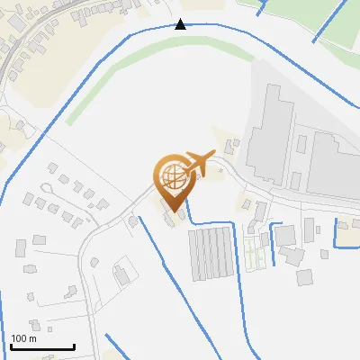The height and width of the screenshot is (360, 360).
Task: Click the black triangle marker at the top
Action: coord(181,24)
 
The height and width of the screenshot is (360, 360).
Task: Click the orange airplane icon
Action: coord(199,163)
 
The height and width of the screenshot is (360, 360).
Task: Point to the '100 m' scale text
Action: coord(24,338)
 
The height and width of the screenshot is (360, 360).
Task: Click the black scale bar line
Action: coord(41,346)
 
